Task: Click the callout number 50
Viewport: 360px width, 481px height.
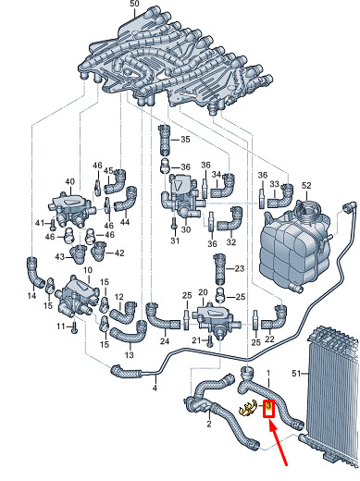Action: tap(134, 4)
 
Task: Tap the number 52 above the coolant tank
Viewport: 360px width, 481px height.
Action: tap(306, 185)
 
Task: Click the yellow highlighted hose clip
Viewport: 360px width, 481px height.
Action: tap(248, 408)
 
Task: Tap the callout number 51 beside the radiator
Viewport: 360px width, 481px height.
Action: tap(296, 374)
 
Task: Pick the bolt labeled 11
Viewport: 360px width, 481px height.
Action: tap(74, 327)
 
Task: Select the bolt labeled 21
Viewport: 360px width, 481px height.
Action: tap(209, 341)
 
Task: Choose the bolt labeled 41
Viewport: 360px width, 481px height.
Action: tap(53, 224)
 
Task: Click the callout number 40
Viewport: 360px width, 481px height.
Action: tap(69, 181)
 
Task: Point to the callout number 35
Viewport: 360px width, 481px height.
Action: tap(185, 139)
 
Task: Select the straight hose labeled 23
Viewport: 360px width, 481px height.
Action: tap(219, 269)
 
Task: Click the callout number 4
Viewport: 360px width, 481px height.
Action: tap(155, 388)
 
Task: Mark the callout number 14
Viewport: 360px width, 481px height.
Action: tap(31, 296)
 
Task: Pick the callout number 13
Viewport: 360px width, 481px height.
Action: tap(130, 355)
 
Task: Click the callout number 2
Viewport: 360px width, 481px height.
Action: tap(209, 424)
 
